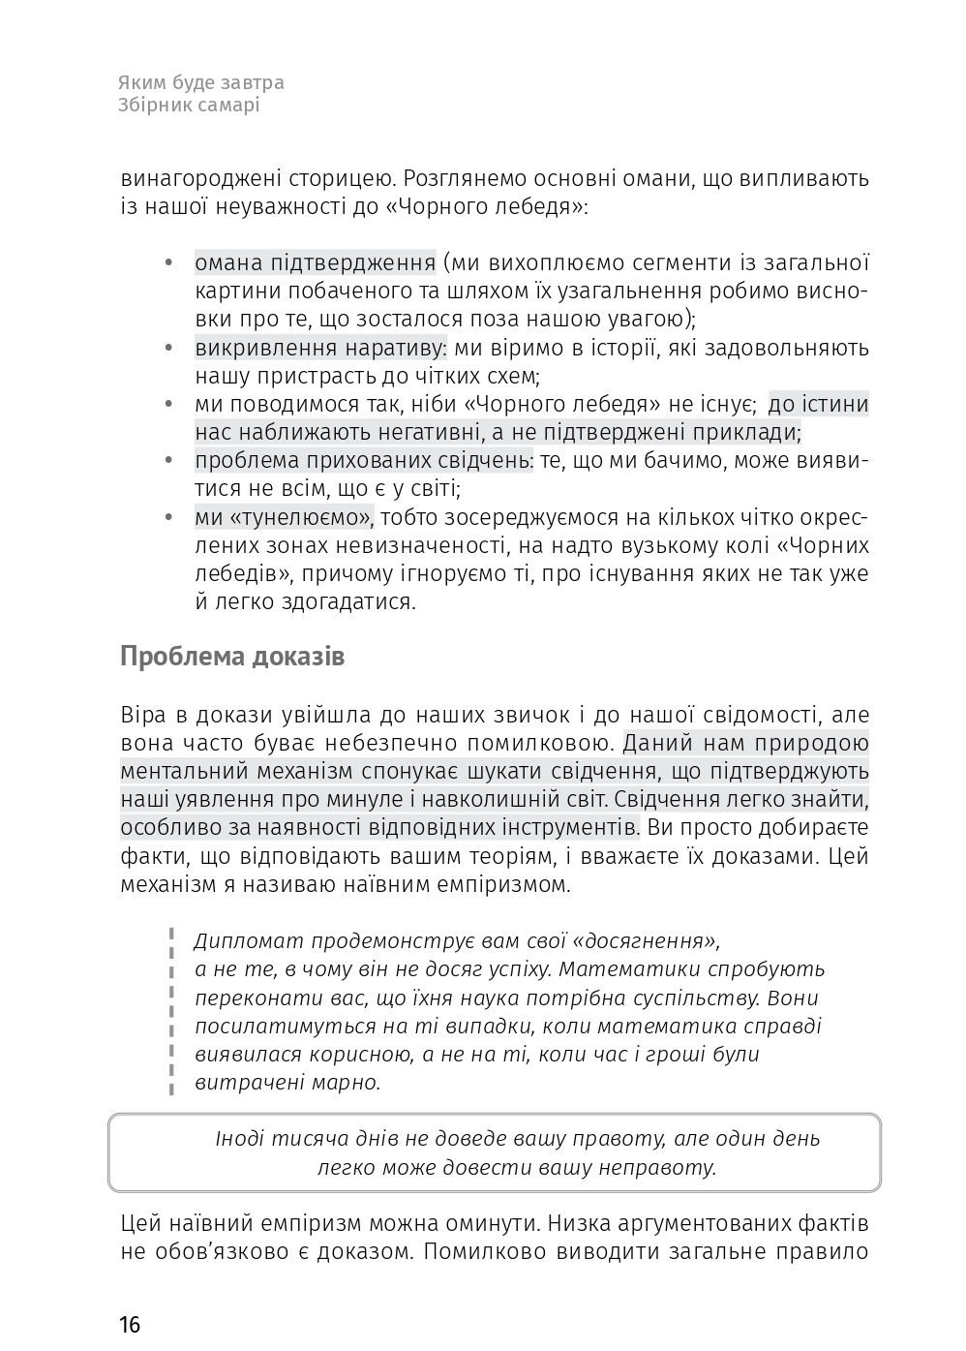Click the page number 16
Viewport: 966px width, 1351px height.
(131, 1324)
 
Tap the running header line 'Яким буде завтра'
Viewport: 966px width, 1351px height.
(201, 83)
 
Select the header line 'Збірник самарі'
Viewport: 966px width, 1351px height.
(190, 106)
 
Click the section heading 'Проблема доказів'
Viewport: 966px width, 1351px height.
(232, 657)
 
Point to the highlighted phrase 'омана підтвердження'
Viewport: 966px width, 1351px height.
(315, 262)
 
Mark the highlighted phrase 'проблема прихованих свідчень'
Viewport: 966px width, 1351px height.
(363, 461)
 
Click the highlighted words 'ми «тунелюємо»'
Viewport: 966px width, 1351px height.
(285, 517)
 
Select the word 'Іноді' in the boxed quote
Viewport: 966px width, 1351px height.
(239, 1139)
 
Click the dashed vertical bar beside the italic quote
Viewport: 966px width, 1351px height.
(171, 1012)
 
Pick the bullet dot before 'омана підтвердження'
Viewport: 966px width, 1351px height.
(168, 263)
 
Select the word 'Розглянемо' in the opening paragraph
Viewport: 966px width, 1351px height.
(459, 178)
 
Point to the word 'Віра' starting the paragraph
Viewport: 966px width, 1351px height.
(143, 716)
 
